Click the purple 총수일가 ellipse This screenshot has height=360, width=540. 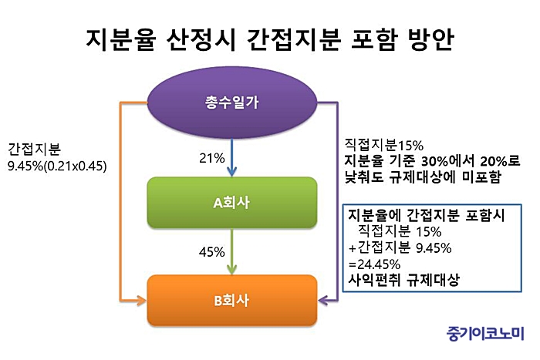click(x=231, y=103)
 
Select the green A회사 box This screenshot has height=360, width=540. click(x=231, y=203)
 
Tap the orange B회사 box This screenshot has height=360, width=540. click(x=231, y=301)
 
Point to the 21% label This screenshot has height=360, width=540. click(x=212, y=158)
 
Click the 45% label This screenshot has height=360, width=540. click(x=212, y=252)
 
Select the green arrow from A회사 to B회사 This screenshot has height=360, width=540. click(x=231, y=251)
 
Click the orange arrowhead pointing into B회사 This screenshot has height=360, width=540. click(x=141, y=301)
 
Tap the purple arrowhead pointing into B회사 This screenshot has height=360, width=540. click(x=322, y=301)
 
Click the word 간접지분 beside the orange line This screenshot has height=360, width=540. click(x=34, y=150)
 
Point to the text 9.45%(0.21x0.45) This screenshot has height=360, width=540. click(x=57, y=167)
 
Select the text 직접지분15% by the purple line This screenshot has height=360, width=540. click(x=384, y=145)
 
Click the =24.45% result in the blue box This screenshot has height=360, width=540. click(x=374, y=264)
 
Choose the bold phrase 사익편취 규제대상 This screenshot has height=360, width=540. click(x=403, y=280)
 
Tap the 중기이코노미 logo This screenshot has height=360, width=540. click(x=485, y=334)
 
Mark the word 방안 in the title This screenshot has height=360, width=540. click(x=430, y=40)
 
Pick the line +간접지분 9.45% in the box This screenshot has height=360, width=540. click(x=400, y=247)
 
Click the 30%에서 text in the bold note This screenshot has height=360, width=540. click(x=447, y=161)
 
